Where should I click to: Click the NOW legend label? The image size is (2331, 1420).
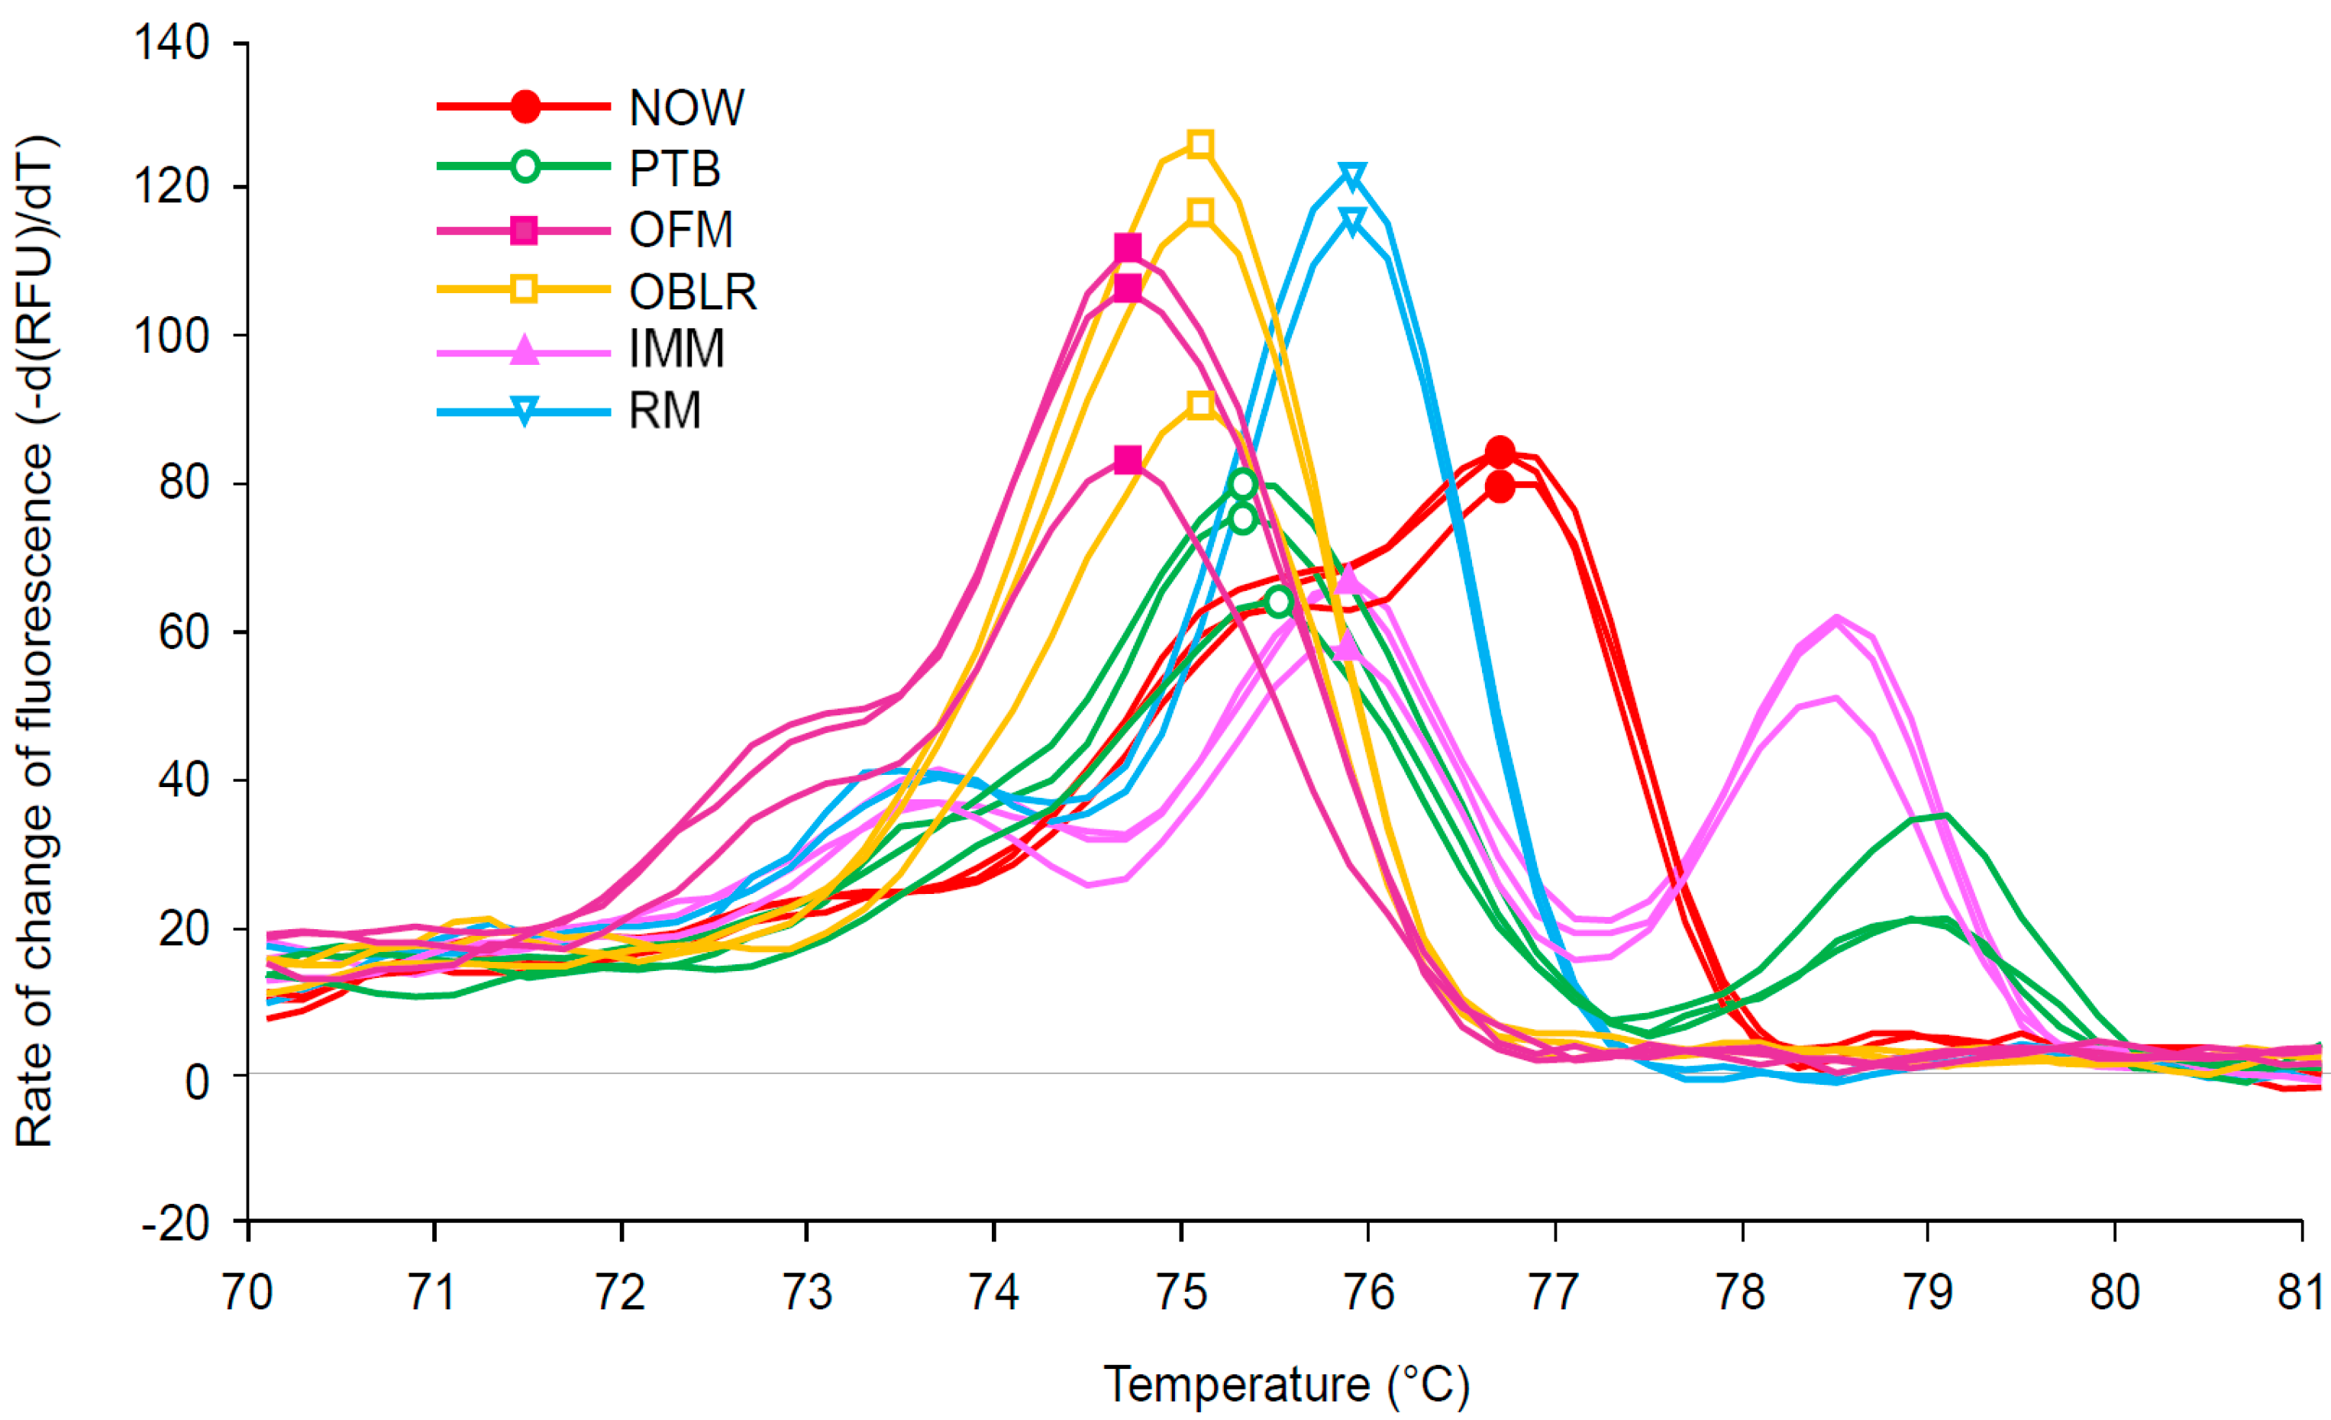point(686,108)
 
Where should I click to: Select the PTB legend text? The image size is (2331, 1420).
point(674,169)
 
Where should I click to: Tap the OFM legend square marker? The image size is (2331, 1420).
point(524,230)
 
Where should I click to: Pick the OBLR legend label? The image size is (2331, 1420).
point(693,292)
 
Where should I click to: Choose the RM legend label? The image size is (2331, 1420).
point(665,411)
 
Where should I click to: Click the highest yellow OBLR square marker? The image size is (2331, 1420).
point(1199,145)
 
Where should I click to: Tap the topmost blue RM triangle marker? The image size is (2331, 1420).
point(1352,176)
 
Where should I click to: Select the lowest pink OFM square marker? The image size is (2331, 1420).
point(1127,460)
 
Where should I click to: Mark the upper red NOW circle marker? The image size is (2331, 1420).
point(1499,452)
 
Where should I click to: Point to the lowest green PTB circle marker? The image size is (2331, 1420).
point(1278,601)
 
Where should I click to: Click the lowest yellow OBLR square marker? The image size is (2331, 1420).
point(1199,406)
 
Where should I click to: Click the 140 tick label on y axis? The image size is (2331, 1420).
point(171,44)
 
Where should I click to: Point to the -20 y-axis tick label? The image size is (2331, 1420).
point(175,1224)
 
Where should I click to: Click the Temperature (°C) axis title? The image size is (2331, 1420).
point(1287,1384)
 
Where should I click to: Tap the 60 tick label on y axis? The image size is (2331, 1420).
point(183,632)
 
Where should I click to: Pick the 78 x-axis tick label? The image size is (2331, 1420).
point(1741,1293)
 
